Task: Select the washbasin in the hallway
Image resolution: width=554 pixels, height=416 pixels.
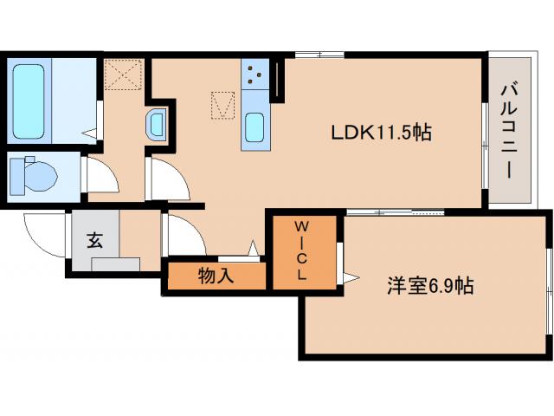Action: point(156,125)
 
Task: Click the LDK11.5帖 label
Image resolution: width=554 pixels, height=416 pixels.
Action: point(382,133)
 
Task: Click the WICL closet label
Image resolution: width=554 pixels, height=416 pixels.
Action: point(302,251)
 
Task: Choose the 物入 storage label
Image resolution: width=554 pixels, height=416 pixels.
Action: point(215,276)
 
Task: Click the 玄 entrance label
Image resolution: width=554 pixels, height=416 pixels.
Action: point(94,240)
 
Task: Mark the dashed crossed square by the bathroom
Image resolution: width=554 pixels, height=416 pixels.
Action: point(122,74)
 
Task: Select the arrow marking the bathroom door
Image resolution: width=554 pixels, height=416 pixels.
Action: point(89,133)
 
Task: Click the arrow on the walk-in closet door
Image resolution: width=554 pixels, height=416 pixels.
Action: point(350,277)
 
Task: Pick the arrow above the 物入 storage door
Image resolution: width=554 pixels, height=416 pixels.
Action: point(254,249)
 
